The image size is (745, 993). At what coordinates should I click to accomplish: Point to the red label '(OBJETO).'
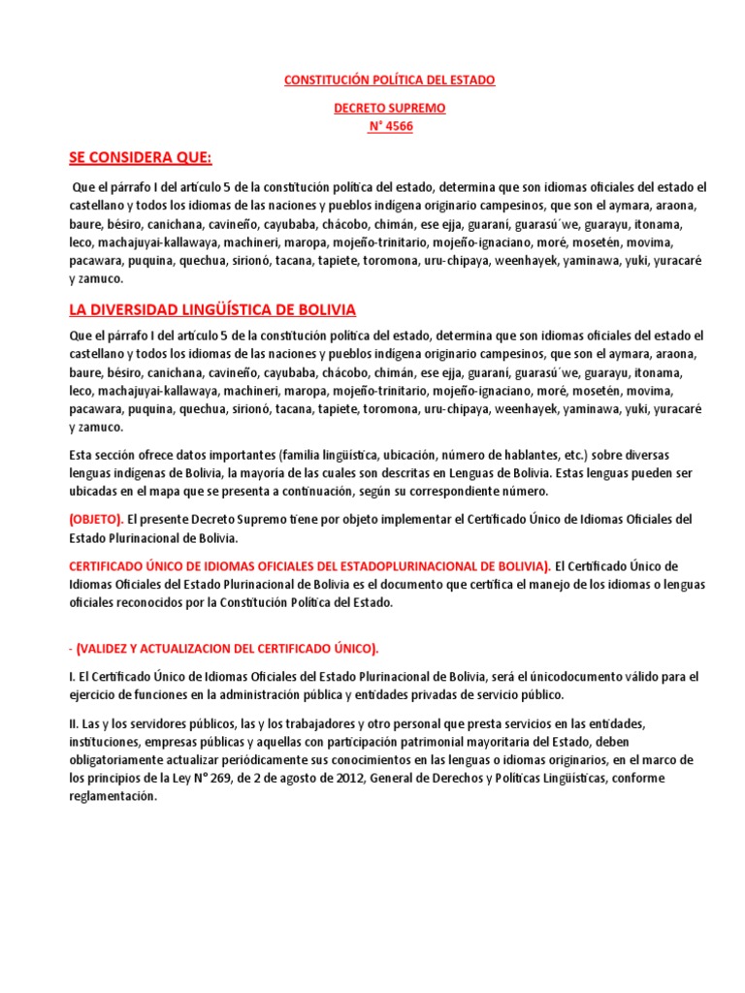[96, 519]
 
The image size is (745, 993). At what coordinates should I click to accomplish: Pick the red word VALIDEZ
[118, 648]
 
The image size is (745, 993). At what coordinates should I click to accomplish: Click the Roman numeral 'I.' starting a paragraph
[73, 676]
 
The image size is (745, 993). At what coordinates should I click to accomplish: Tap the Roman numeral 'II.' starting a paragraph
[75, 723]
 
